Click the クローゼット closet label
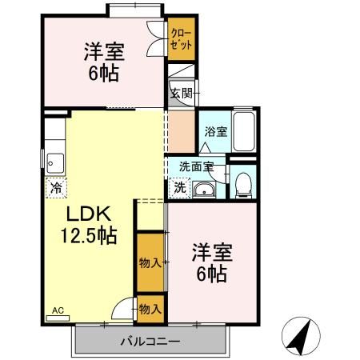[180, 40]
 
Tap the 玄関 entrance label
[181, 93]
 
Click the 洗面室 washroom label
[196, 168]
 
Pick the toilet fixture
[244, 186]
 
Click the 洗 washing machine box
[180, 189]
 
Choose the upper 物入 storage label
[150, 262]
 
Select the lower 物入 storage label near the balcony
[150, 308]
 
